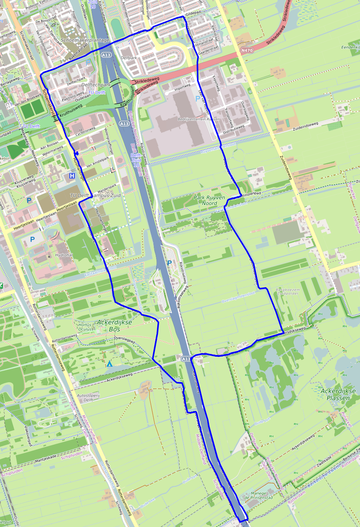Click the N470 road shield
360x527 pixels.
tap(247, 50)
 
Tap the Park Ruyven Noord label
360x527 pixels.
tap(209, 200)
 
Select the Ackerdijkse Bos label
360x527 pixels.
tap(115, 326)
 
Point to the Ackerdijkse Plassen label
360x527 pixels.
tap(338, 394)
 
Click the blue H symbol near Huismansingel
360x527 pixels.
tap(72, 176)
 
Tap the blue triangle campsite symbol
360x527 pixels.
tap(110, 364)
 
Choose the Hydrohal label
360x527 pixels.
tap(64, 255)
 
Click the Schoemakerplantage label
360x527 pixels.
tap(85, 40)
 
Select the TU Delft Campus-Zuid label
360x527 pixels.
tap(95, 195)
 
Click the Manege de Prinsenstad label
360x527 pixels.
tap(258, 495)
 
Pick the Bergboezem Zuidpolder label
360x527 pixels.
tap(287, 292)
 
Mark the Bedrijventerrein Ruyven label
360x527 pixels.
tap(199, 119)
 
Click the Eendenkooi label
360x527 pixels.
tap(350, 47)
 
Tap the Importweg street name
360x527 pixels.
tap(182, 87)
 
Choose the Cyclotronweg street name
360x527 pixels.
tap(85, 131)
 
